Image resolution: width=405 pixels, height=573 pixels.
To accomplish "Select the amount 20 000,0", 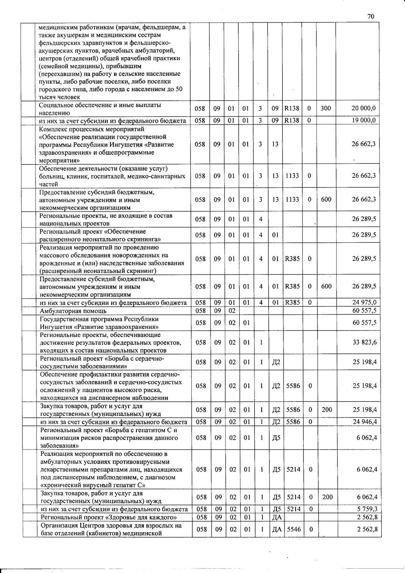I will click(363, 108).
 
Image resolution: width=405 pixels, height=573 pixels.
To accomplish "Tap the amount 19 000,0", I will click(364, 121).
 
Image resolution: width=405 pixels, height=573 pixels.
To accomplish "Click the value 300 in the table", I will click(326, 108).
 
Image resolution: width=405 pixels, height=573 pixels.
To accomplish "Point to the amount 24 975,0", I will click(364, 302).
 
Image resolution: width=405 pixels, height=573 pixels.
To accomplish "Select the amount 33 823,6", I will click(364, 342).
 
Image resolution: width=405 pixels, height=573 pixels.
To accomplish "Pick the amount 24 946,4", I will click(364, 422).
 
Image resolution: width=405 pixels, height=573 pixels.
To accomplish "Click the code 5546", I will click(293, 529).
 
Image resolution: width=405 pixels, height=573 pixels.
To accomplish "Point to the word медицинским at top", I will click(55, 27).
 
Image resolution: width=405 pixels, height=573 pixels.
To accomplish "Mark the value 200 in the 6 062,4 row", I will click(327, 497).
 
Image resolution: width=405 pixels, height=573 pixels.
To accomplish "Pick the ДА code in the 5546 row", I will click(277, 529).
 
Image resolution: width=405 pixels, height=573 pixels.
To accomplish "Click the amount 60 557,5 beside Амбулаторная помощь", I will click(364, 310).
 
